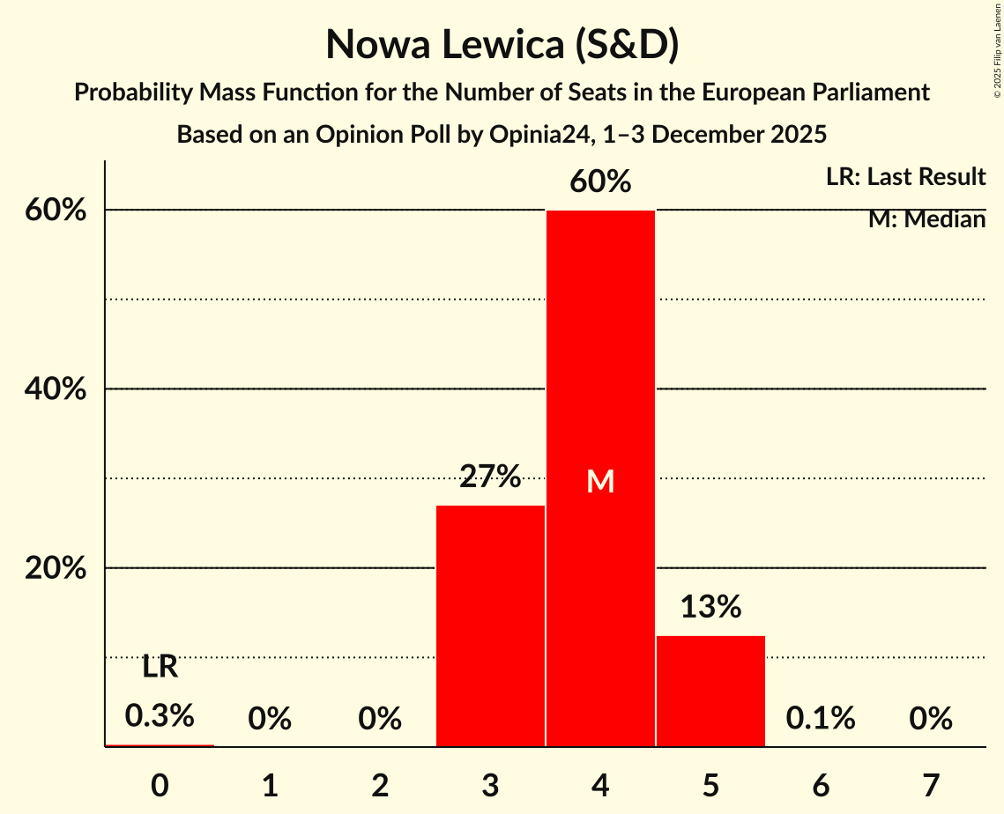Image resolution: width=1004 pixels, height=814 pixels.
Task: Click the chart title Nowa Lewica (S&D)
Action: click(x=502, y=45)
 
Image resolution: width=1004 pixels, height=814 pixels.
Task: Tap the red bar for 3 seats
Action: click(x=490, y=625)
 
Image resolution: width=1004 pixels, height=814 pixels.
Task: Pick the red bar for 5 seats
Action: click(x=710, y=691)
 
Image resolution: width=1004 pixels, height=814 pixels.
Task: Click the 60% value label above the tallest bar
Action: click(x=600, y=182)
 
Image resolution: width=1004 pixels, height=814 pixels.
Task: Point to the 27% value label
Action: click(x=490, y=477)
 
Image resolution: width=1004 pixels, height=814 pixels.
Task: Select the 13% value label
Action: click(x=710, y=607)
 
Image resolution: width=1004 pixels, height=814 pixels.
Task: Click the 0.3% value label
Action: click(x=160, y=715)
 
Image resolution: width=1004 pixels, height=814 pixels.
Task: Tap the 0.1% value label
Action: click(x=821, y=719)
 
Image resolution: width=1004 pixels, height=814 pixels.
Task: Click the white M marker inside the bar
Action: click(x=600, y=481)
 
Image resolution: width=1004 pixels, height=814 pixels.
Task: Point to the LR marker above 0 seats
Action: click(x=160, y=668)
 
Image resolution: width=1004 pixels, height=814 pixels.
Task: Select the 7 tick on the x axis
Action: click(x=931, y=783)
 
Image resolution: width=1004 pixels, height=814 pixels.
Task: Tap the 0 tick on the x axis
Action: click(x=160, y=783)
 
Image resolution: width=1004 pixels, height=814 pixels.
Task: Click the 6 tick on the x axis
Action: click(x=821, y=783)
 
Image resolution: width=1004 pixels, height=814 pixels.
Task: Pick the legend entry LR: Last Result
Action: click(x=905, y=177)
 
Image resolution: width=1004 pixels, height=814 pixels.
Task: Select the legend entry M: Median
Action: click(x=926, y=219)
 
